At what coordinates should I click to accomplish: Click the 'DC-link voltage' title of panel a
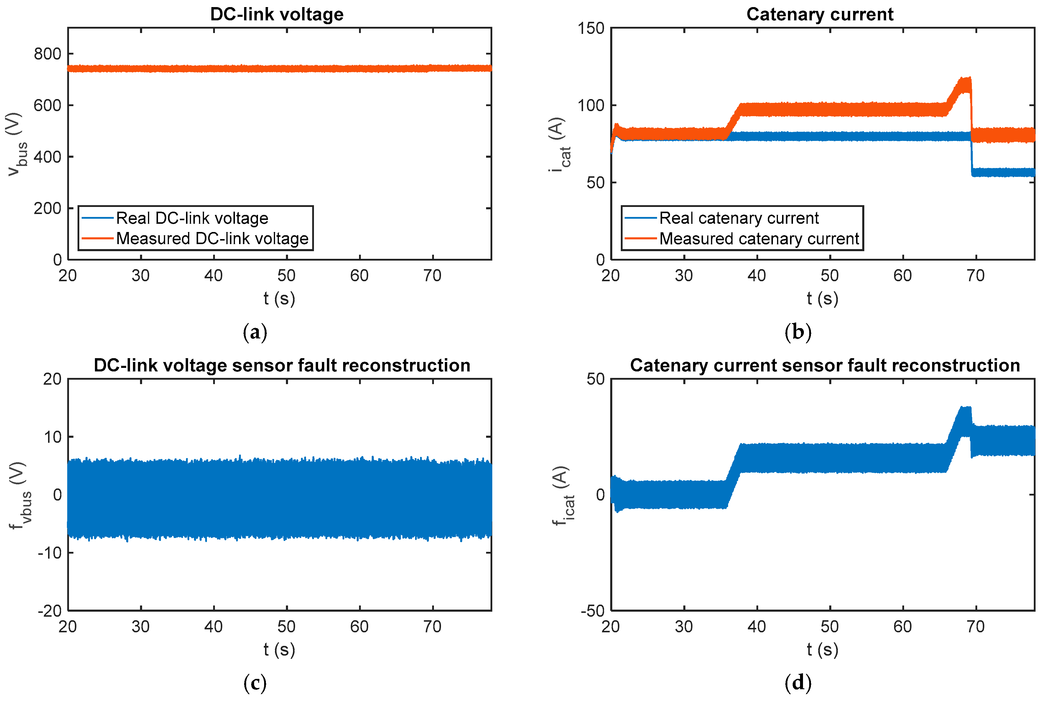[277, 14]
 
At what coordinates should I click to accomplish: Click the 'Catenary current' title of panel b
[820, 14]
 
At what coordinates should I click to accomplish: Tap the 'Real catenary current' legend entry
[739, 218]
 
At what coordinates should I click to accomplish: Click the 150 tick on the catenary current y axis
[591, 29]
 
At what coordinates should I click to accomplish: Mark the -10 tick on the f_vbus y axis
[49, 553]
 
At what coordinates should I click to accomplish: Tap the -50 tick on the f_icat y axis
[593, 611]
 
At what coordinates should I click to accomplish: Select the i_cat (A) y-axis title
[559, 144]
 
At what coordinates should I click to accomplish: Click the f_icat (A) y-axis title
[562, 495]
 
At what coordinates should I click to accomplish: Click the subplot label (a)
[255, 332]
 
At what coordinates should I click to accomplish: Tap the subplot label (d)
[798, 683]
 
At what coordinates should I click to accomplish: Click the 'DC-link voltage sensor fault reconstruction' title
[282, 365]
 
